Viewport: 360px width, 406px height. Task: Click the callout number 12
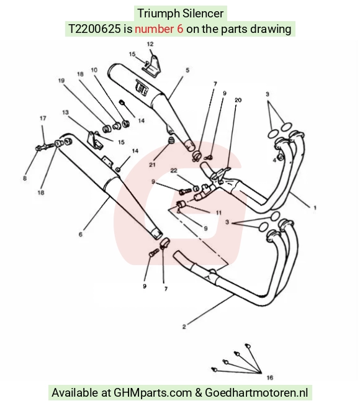150,44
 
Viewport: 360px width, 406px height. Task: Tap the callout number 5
187,70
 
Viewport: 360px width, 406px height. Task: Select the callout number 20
238,100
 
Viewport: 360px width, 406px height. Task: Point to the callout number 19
61,81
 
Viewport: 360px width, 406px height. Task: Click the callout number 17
43,119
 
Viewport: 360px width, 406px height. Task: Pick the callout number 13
65,112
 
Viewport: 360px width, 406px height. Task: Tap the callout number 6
81,234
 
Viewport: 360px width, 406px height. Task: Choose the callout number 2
184,327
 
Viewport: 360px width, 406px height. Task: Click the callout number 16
270,378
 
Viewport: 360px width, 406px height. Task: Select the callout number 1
315,208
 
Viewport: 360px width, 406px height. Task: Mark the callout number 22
174,170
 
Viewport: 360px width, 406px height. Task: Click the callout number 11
218,212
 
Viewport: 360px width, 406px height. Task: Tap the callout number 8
25,178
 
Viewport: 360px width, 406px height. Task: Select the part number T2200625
94,29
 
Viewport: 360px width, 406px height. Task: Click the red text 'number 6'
159,29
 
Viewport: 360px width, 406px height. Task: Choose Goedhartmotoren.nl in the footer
256,393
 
